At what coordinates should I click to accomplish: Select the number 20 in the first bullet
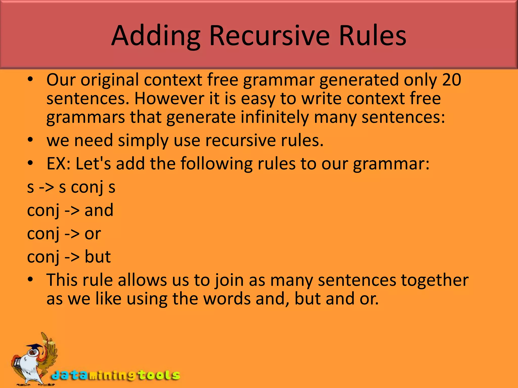(452, 80)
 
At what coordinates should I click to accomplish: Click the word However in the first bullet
(169, 99)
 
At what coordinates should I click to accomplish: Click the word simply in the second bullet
(143, 140)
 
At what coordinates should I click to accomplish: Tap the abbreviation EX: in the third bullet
(59, 164)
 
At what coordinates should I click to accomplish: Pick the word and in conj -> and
(99, 210)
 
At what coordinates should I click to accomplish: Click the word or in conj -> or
(93, 234)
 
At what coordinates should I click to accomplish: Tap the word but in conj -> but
(98, 257)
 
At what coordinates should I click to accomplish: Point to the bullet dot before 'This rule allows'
(30, 279)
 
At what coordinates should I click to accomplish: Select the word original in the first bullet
(110, 80)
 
